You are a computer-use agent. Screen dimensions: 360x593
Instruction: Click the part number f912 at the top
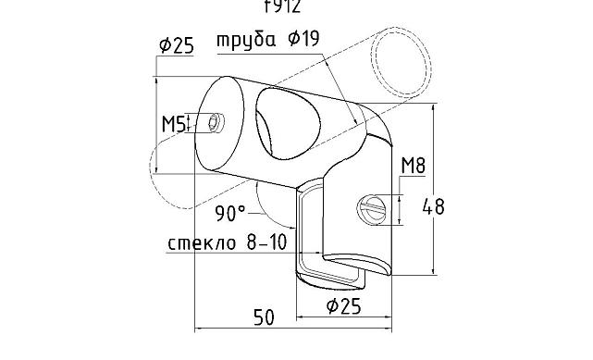282,7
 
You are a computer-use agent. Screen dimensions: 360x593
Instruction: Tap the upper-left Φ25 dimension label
176,45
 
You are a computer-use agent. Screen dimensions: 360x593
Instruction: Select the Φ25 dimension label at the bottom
343,306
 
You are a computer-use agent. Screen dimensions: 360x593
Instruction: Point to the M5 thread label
175,123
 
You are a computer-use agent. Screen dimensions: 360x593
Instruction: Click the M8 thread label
413,167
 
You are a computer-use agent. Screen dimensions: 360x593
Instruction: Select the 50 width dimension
264,317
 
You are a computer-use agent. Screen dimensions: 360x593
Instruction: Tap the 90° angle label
230,214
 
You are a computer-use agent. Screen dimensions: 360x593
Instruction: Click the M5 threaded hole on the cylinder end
217,123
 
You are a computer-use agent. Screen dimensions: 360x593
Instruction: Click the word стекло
198,244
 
